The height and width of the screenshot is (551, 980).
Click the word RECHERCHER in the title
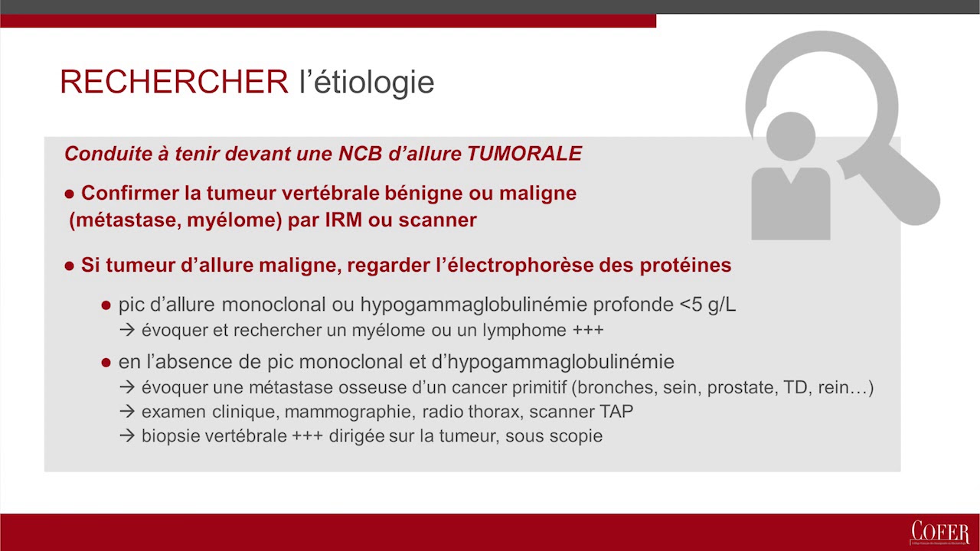click(174, 81)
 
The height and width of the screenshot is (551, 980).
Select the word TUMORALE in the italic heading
click(524, 154)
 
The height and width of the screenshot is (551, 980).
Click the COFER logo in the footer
click(939, 533)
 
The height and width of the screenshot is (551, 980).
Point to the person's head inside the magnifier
click(790, 137)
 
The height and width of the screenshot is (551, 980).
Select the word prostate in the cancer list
click(739, 387)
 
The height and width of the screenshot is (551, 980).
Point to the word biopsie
click(168, 436)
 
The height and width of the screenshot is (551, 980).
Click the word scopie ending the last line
click(578, 436)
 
